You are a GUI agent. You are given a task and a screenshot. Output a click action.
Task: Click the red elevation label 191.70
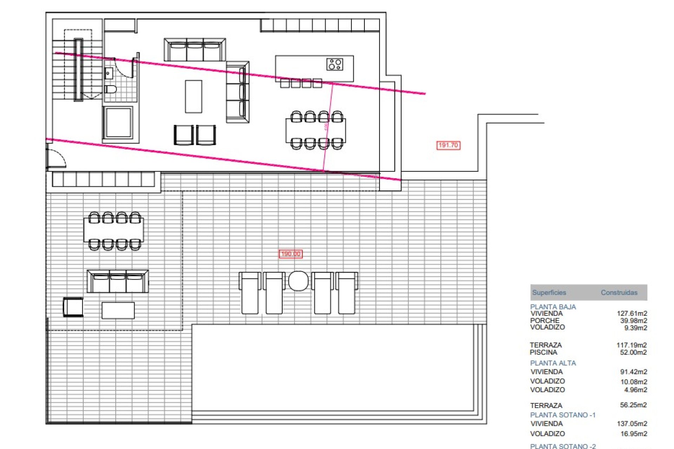point(448,145)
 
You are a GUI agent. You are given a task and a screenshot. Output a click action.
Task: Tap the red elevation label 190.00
point(290,254)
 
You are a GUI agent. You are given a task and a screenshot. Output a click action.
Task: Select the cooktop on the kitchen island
point(334,64)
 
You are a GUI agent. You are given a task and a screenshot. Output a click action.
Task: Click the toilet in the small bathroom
point(111,89)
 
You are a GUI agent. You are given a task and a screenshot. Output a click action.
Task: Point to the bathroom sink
point(109,74)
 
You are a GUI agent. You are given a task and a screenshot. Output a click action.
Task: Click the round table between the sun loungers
point(298,281)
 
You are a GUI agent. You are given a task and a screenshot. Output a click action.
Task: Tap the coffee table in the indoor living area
point(193,96)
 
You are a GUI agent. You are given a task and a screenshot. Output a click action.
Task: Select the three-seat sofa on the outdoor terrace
point(118,281)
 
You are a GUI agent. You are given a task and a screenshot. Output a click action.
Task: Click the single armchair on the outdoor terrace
point(73,307)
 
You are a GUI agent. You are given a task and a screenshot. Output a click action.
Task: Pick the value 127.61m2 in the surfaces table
point(632,313)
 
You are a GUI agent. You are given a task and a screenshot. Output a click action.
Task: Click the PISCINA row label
point(543,352)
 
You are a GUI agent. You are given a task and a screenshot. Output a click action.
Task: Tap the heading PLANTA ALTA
point(553,363)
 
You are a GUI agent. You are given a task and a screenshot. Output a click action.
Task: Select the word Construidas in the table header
point(619,293)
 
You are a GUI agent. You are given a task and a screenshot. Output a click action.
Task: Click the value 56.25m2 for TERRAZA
point(633,405)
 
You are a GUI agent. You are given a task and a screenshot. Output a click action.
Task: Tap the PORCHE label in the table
point(544,320)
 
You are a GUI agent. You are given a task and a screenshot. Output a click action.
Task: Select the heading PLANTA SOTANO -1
point(562,415)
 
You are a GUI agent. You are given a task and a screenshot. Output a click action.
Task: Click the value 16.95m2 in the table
point(633,434)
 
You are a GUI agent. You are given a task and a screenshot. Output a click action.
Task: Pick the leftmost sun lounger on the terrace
point(250,293)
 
